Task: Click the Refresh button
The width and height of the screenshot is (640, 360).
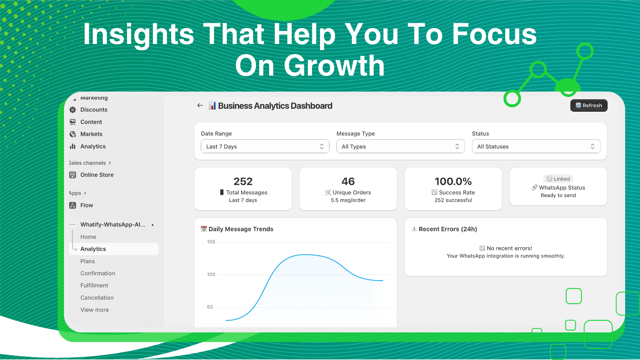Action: point(588,106)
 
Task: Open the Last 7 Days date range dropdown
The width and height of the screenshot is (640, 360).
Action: point(265,146)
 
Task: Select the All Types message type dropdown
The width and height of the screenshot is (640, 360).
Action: point(400,146)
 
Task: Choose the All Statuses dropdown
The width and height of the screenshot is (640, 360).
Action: point(536,146)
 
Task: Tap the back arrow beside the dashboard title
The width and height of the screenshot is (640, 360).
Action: point(200,106)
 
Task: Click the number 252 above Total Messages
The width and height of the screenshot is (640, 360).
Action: point(243,182)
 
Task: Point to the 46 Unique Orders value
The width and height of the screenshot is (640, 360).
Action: point(348,182)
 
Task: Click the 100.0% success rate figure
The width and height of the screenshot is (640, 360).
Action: point(453,182)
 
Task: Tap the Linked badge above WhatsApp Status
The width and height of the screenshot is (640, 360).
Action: point(558,179)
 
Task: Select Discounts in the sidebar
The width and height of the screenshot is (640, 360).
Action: point(94,110)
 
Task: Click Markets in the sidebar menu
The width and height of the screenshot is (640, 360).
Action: point(91,134)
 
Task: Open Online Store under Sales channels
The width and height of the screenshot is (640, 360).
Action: point(97,175)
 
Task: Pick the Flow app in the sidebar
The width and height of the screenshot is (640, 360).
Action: point(86,205)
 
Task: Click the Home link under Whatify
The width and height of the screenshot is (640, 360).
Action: point(88,237)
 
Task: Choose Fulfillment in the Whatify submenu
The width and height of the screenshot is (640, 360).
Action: point(94,285)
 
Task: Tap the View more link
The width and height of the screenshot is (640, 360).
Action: point(94,310)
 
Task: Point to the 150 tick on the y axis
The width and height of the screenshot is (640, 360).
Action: point(211,242)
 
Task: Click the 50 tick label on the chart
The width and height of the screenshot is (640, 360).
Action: point(210,307)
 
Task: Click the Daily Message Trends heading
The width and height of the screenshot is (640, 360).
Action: point(241,229)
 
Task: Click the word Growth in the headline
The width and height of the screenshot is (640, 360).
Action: point(334,66)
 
